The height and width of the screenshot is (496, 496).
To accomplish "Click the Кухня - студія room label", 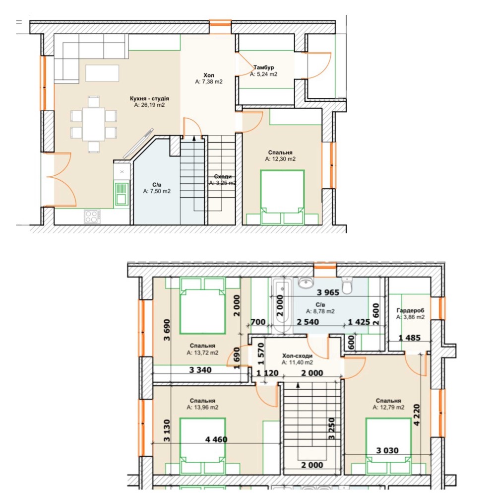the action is [149, 98].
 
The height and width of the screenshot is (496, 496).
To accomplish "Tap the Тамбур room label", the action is [263, 67].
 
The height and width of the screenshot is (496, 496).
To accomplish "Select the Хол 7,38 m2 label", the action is [209, 78].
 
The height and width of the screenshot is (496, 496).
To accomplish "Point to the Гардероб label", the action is [410, 310].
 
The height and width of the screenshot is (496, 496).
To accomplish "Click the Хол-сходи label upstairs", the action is [297, 355].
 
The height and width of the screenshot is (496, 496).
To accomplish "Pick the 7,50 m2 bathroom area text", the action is [157, 191].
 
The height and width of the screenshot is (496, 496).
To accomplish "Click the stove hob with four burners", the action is [92, 217].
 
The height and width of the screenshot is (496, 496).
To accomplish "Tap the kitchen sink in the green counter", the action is [122, 194].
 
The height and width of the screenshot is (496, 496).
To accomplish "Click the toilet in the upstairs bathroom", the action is [347, 285].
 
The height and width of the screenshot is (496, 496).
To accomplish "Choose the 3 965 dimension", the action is [328, 292].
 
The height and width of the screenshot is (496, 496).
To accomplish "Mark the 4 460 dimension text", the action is [216, 439].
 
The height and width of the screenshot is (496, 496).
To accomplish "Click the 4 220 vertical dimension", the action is [417, 415].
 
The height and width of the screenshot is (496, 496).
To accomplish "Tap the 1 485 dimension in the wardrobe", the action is [409, 338].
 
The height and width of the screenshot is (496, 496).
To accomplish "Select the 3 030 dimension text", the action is [387, 450].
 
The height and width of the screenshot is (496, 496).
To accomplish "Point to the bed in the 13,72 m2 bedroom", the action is [202, 306].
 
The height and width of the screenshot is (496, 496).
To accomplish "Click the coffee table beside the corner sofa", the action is [102, 73].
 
